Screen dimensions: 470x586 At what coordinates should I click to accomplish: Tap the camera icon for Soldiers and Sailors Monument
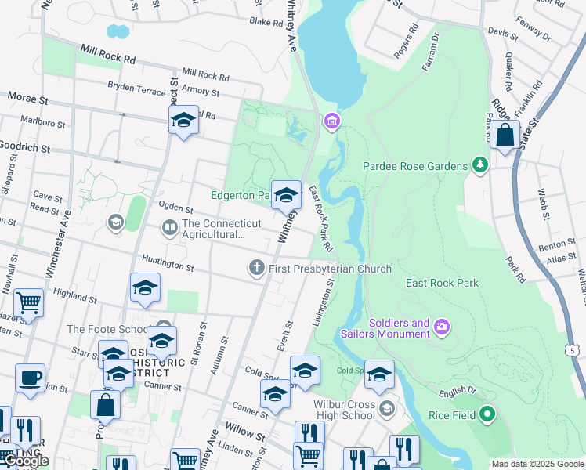[x=442, y=327]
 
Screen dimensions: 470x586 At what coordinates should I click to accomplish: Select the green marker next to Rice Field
[x=487, y=413]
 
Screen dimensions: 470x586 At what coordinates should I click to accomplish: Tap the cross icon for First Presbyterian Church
[x=255, y=269]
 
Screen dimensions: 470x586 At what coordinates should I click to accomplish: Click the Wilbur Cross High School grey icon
[x=386, y=407]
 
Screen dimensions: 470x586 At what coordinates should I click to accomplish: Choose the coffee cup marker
[x=30, y=378]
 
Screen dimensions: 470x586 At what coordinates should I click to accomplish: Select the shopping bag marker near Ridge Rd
[x=505, y=135]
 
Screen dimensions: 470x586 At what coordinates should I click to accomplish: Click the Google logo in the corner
[x=26, y=461]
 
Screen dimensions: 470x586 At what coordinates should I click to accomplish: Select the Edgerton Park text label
[x=240, y=194]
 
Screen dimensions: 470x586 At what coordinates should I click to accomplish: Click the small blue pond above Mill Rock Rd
[x=118, y=31]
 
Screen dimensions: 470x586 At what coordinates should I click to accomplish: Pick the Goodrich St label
[x=25, y=147]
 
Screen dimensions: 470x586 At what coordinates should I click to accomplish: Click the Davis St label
[x=502, y=34]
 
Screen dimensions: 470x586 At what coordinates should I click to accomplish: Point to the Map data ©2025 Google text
[x=537, y=464]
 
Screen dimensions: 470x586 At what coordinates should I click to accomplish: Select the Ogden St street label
[x=175, y=209]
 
